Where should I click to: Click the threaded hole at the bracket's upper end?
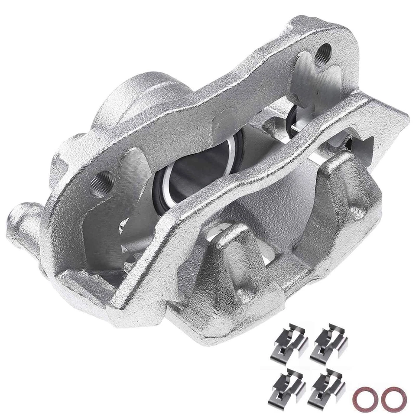[x=322, y=54]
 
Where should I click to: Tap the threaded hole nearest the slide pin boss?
[x=103, y=182]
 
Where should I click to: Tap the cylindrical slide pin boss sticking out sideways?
[x=24, y=225]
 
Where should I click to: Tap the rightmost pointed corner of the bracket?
[x=405, y=117]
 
